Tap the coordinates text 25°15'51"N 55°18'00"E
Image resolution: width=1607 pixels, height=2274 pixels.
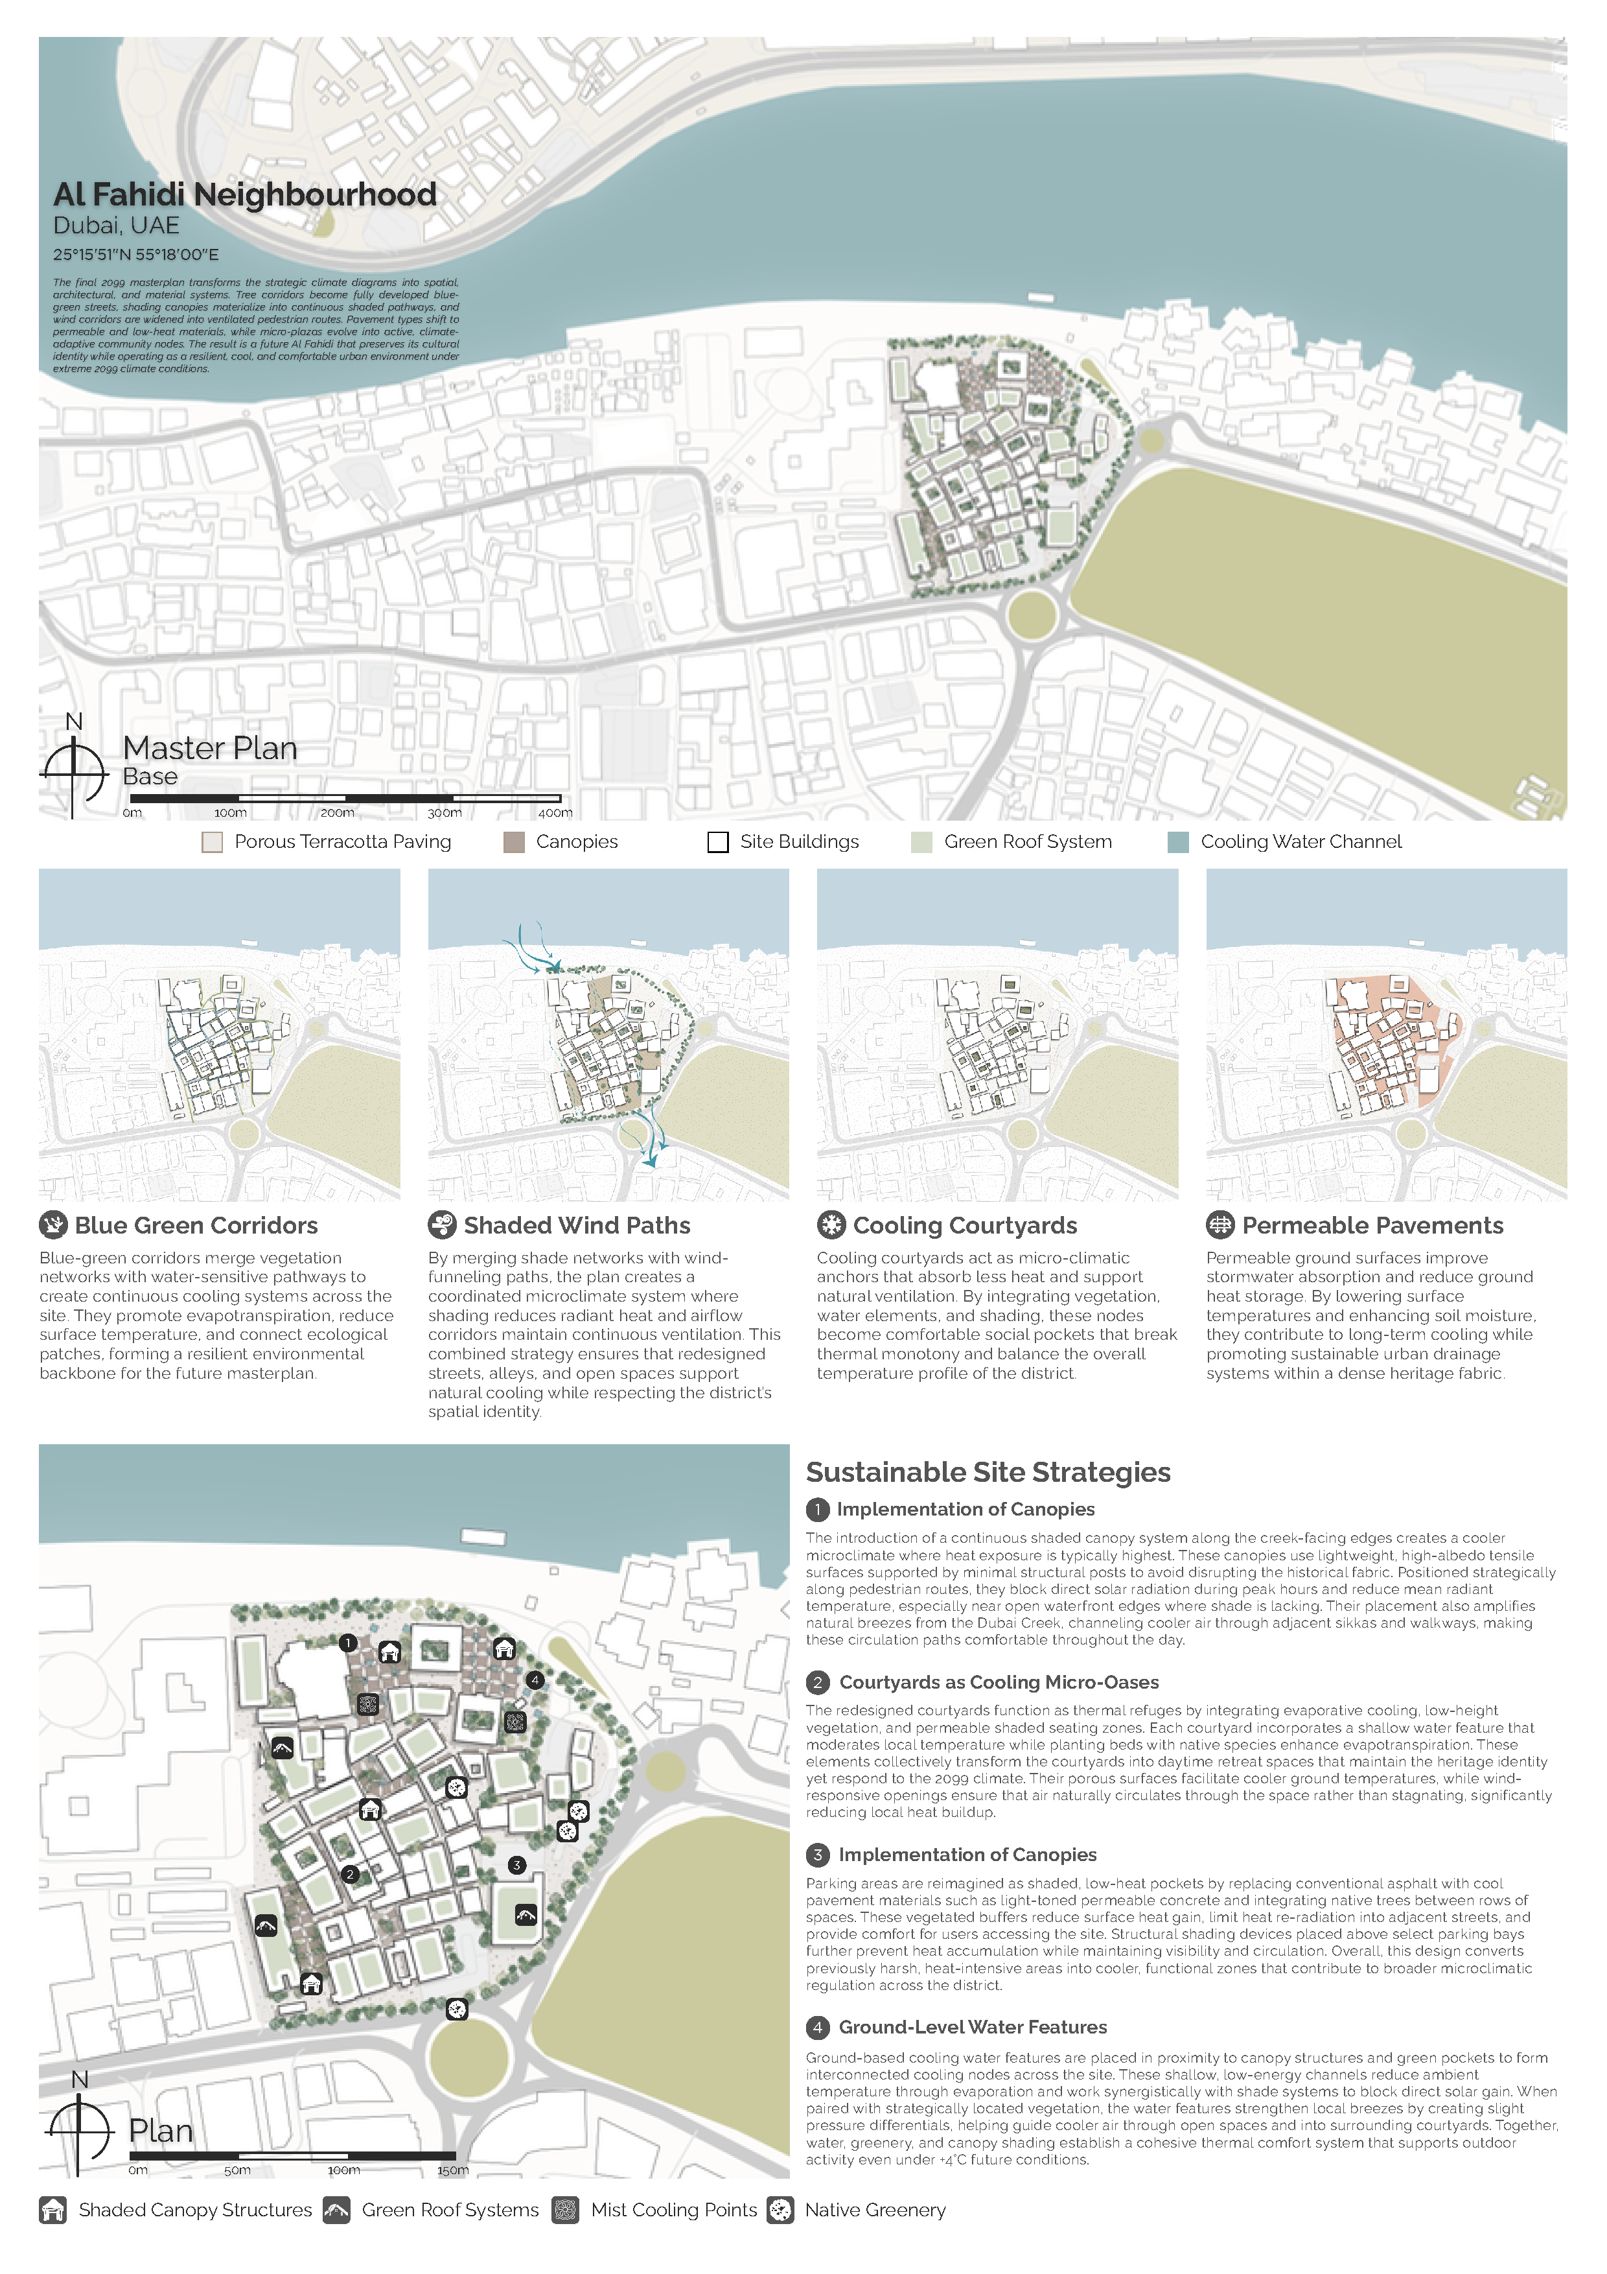coord(135,255)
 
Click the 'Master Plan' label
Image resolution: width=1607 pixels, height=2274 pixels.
coord(210,748)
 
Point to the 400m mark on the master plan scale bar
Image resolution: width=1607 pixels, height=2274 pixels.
coord(555,812)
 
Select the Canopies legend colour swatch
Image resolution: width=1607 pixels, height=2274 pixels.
coord(514,842)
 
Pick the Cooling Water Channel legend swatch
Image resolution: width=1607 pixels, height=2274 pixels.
coord(1178,842)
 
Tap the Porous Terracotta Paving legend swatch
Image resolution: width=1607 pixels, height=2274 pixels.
coord(212,842)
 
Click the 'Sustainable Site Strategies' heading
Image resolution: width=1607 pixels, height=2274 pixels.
coord(988,1473)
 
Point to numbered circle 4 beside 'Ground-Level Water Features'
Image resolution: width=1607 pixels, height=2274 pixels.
coord(818,2028)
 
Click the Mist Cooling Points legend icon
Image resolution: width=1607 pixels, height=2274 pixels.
coord(566,2210)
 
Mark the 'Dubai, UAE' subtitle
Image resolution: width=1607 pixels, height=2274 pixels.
coord(116,226)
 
